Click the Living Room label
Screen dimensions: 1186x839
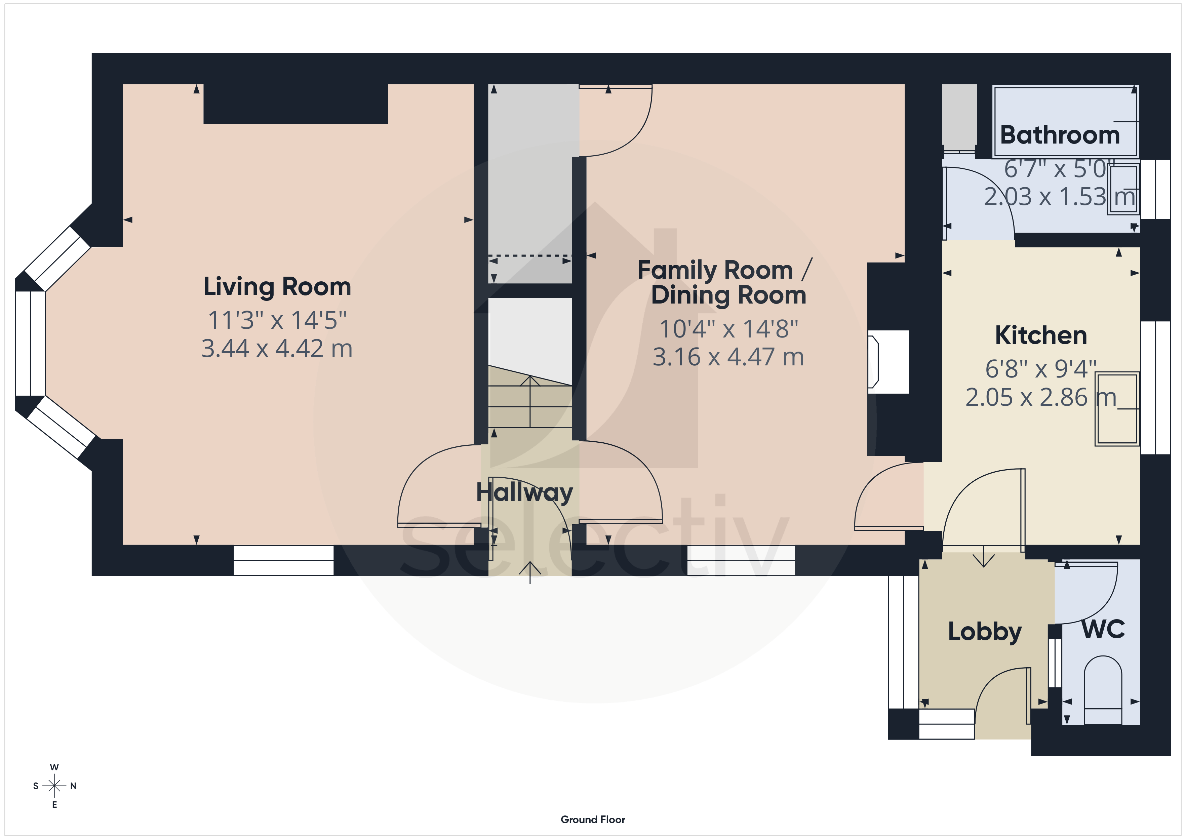pos(277,287)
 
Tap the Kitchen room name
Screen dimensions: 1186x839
pos(1041,335)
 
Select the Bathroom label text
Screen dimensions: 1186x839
pos(1060,135)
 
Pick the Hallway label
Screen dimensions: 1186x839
pos(524,493)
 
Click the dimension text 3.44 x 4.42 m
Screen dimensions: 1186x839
pos(277,349)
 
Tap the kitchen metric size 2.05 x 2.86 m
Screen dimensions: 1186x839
pos(1041,397)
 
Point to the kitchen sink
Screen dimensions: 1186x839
pos(1117,408)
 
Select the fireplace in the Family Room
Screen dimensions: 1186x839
pos(888,362)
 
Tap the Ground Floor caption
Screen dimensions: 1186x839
pos(593,820)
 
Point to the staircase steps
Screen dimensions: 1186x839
pos(530,396)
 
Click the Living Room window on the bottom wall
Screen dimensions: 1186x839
pos(284,561)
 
